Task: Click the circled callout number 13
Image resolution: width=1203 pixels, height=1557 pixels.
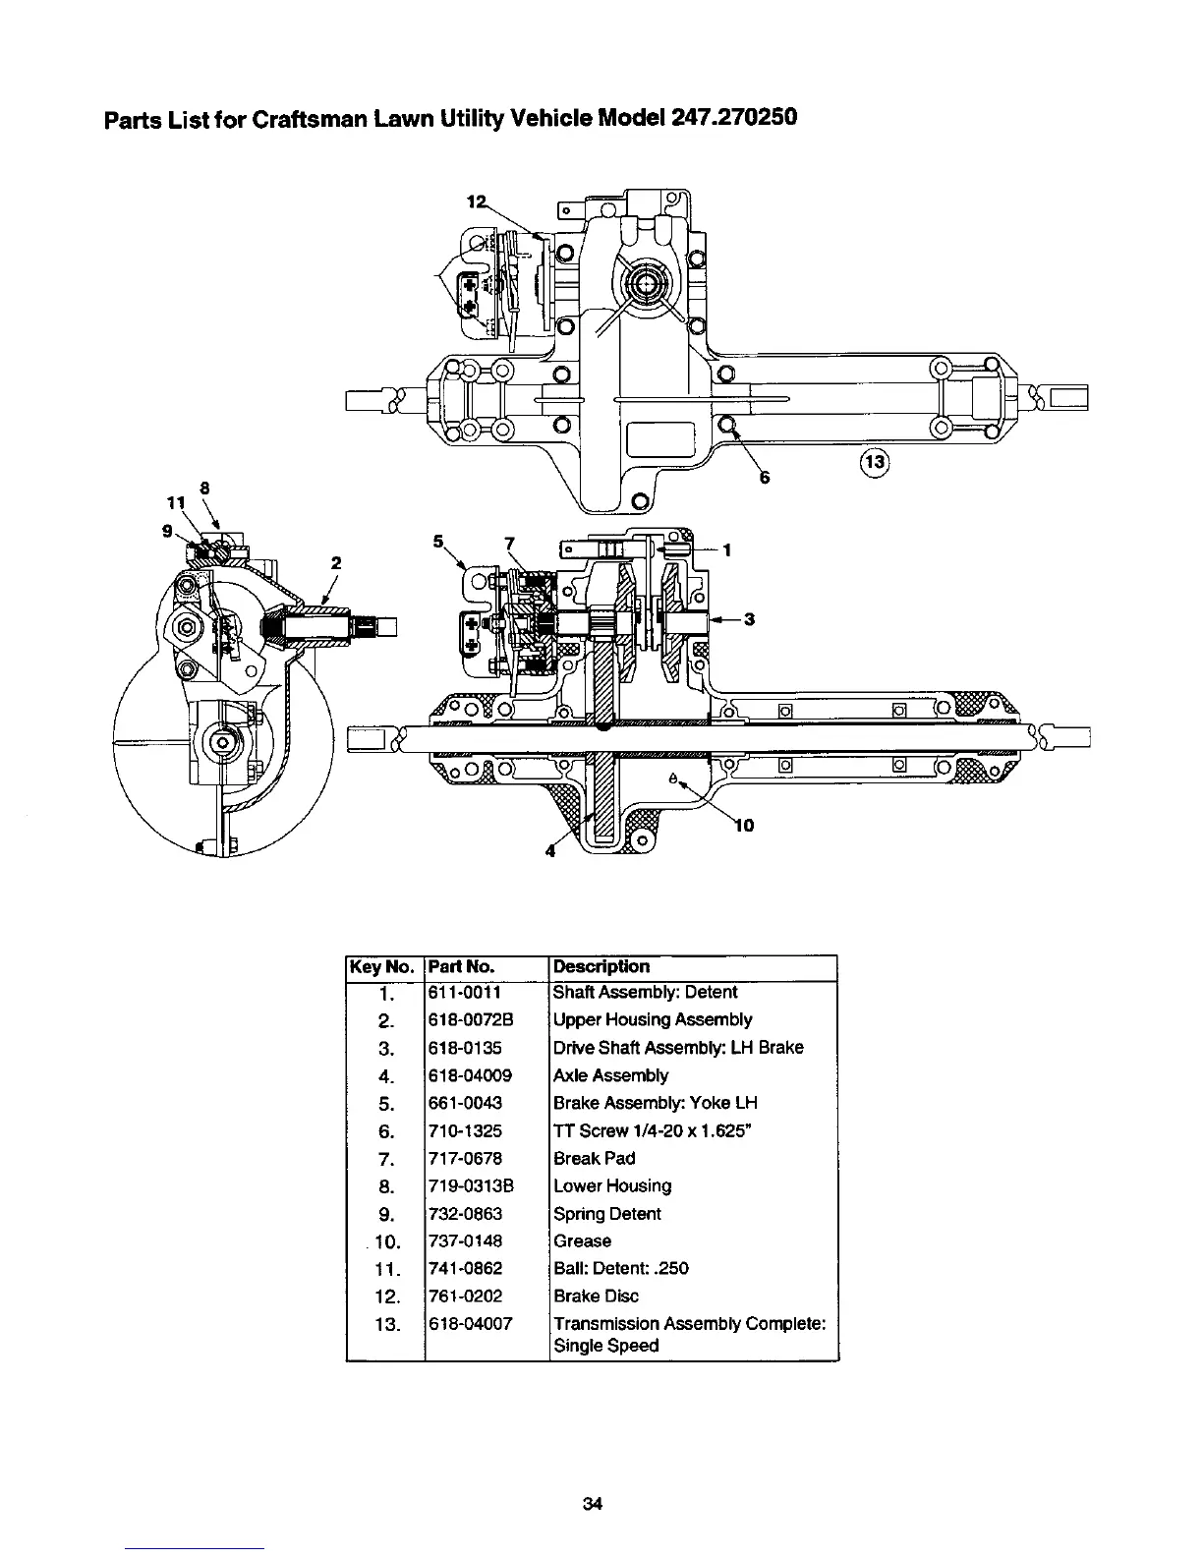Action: coord(874,461)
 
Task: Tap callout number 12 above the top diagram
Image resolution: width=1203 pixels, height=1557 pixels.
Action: coord(476,202)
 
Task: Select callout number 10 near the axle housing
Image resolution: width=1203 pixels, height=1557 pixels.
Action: coord(744,825)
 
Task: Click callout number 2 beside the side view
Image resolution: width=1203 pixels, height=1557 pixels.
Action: coord(335,563)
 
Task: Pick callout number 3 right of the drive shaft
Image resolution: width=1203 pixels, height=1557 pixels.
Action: coord(749,619)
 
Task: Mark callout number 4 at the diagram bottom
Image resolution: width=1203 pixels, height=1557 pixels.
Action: coord(550,851)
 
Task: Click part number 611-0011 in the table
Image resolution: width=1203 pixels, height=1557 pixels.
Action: coord(465,993)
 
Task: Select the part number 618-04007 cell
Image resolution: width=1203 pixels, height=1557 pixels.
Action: coord(471,1324)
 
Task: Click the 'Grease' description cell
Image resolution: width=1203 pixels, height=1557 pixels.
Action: coord(582,1241)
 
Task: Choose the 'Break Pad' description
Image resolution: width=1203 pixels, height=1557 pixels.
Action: coord(594,1159)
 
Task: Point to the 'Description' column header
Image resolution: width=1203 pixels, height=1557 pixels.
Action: coord(601,966)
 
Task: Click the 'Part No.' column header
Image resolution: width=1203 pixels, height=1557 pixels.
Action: coord(461,966)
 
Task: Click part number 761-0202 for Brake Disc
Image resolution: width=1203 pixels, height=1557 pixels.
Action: coord(466,1297)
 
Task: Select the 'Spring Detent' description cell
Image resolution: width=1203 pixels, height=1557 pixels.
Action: coord(606,1214)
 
